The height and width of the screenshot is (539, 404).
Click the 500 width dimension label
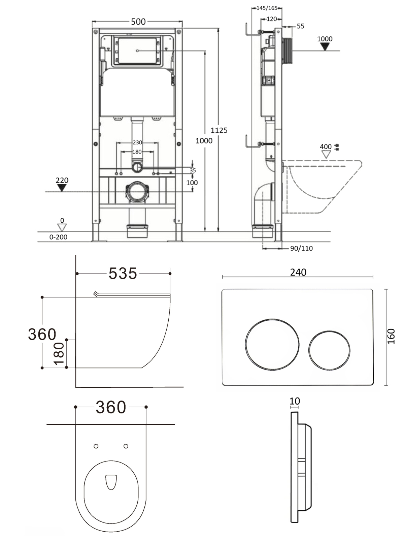138,22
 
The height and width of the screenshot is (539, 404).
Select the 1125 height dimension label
219,130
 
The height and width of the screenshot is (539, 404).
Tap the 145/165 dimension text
267,8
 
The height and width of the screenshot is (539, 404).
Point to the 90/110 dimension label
301,248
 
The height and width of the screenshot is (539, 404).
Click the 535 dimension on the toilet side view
123,273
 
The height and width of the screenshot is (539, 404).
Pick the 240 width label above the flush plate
298,272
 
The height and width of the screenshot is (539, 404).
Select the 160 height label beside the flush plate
391,336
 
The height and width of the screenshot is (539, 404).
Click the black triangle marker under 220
62,188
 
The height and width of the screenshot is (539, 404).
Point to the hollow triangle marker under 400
326,154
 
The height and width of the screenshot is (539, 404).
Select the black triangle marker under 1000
325,46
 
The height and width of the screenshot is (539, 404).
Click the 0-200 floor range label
58,237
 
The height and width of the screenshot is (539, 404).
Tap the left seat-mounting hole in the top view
96,446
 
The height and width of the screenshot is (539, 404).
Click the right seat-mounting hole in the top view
126,446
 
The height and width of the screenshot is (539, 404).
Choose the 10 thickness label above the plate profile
295,401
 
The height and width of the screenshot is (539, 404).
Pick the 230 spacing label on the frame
137,142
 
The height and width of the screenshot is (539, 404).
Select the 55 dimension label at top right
301,26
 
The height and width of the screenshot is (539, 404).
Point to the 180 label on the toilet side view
59,354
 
